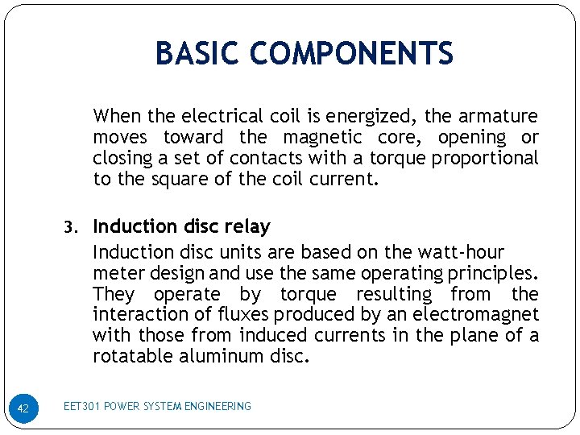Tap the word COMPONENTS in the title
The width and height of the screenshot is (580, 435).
351,54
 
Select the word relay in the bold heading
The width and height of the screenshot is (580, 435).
248,226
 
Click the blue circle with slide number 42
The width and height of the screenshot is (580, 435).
23,408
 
